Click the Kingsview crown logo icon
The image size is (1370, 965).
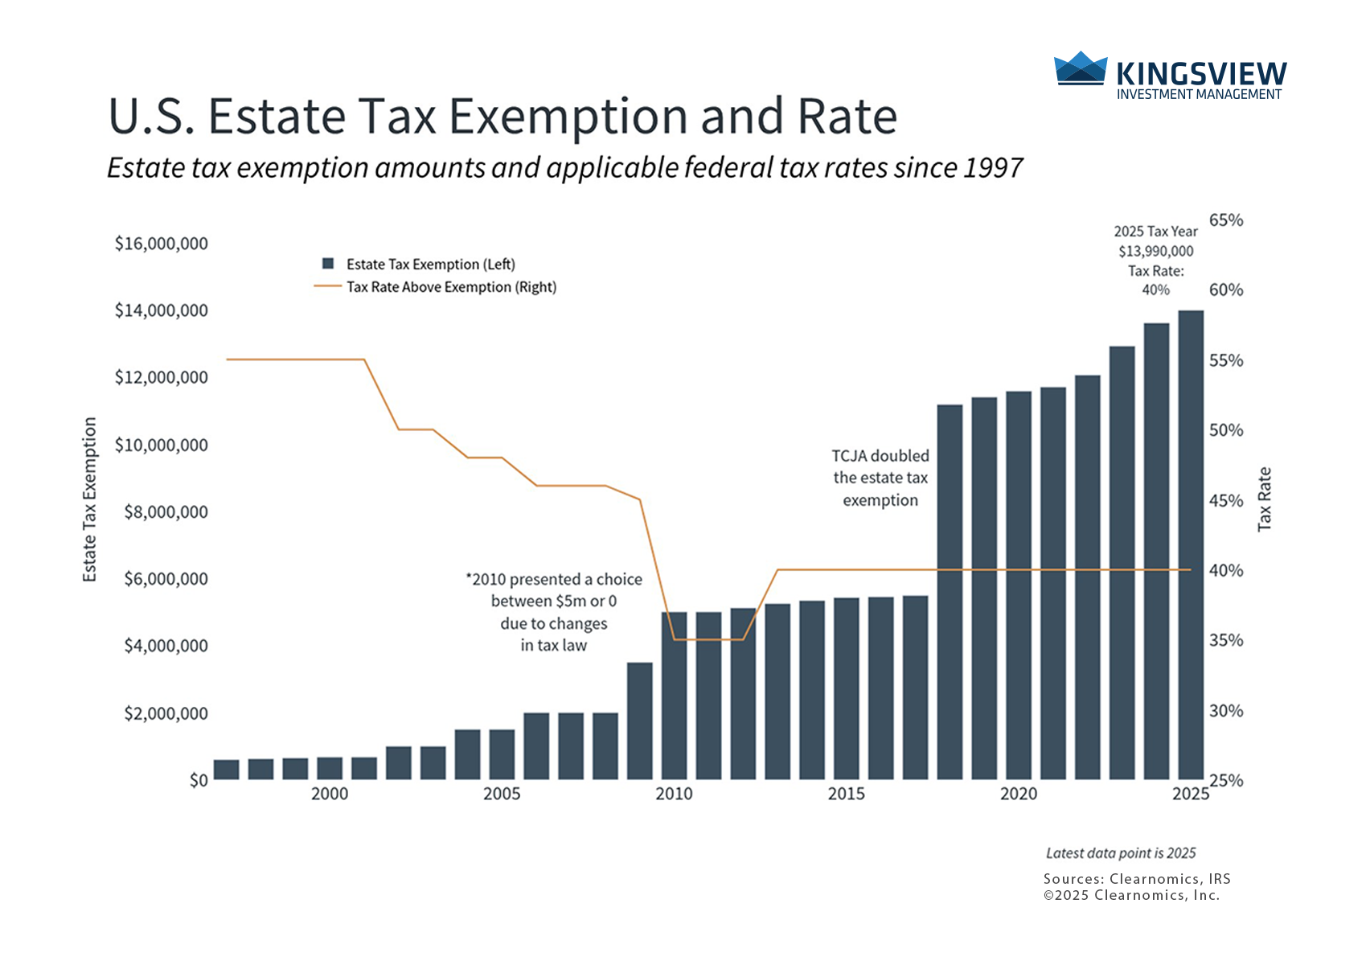(x=1080, y=68)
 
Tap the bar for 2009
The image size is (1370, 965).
(x=639, y=721)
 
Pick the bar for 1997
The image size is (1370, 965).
(x=226, y=770)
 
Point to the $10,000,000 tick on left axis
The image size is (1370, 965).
(x=161, y=445)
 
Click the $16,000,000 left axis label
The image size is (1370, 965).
(x=161, y=244)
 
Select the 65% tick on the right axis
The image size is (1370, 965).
(x=1226, y=220)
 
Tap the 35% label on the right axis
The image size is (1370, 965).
(x=1226, y=641)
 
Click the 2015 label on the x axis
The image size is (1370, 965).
(x=846, y=795)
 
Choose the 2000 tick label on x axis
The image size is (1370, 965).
(x=330, y=795)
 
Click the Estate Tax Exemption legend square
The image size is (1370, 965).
(x=328, y=264)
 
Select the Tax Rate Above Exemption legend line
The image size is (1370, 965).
(x=327, y=286)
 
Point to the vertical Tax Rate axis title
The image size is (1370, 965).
(x=1265, y=499)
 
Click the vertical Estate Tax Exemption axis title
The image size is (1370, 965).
(x=89, y=499)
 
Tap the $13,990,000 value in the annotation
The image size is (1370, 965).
(x=1155, y=251)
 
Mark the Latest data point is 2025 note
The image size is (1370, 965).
(x=1121, y=853)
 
